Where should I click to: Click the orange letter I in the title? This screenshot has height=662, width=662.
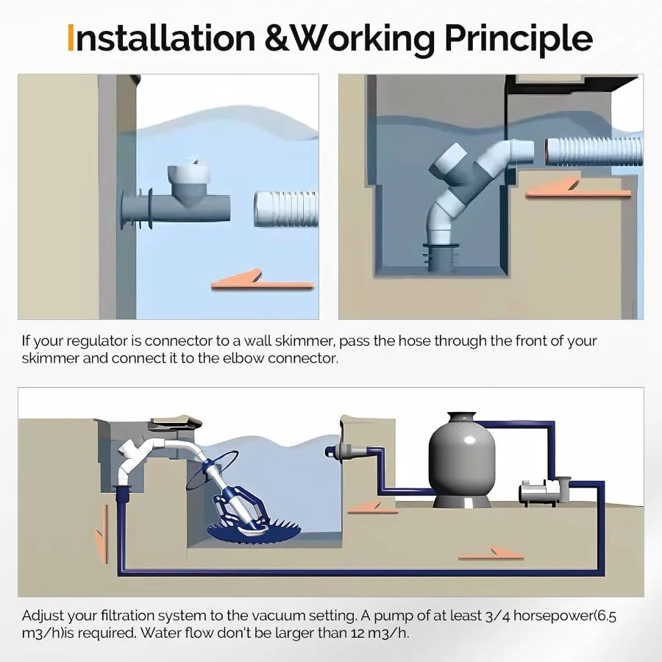tap(71, 38)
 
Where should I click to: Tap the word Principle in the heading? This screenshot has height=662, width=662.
tap(519, 39)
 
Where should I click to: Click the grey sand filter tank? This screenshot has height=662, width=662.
tap(461, 460)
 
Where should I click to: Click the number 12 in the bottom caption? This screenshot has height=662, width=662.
tap(355, 633)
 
